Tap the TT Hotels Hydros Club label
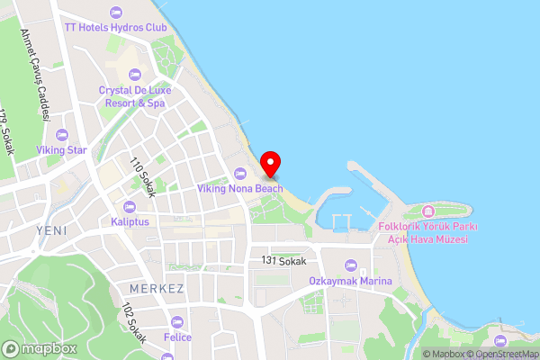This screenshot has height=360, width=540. tap(115, 27)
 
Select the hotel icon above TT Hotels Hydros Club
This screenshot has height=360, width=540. tap(115, 12)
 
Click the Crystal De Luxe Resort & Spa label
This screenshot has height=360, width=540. tap(132, 97)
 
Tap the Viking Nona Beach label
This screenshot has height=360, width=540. tap(240, 189)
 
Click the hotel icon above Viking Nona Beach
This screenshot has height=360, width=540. tap(240, 174)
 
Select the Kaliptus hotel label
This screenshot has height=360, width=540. tap(130, 221)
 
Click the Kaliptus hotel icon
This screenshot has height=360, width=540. tap(130, 207)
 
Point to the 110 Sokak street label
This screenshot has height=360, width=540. tap(143, 177)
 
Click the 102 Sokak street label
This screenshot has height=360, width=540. tap(133, 322)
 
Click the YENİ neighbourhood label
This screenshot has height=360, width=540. tap(51, 230)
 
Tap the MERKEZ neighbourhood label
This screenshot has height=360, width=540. tap(157, 289)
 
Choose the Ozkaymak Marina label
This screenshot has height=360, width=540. tap(351, 282)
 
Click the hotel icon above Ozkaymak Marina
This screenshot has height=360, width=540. tap(351, 266)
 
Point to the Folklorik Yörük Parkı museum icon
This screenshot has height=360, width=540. tap(427, 211)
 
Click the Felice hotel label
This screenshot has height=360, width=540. tap(177, 337)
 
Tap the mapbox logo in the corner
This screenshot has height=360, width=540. tap(40, 348)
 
